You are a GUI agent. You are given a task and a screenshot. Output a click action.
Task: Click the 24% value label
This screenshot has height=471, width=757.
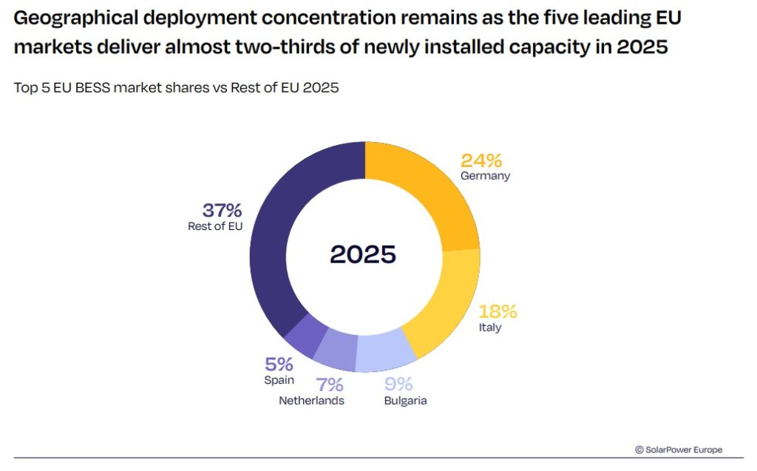481,160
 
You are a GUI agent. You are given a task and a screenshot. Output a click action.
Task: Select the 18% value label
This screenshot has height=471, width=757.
498,311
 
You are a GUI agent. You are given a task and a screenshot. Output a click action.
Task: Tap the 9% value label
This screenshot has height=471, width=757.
398,384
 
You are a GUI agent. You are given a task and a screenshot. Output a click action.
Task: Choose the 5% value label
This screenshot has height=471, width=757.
279,364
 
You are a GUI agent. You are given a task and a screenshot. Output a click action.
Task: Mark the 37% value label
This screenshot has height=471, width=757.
222,210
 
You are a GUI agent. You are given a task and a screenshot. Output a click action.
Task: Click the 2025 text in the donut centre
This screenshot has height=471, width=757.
363,254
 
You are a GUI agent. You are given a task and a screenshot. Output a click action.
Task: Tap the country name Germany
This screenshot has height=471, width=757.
485,177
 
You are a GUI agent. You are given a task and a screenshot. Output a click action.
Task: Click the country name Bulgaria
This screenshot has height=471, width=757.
405,401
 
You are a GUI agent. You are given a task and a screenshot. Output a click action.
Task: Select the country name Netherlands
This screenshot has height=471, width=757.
311,401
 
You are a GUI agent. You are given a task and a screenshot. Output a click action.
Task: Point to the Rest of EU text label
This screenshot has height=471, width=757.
216,226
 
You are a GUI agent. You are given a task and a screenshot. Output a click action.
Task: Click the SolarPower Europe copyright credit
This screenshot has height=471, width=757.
679,450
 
